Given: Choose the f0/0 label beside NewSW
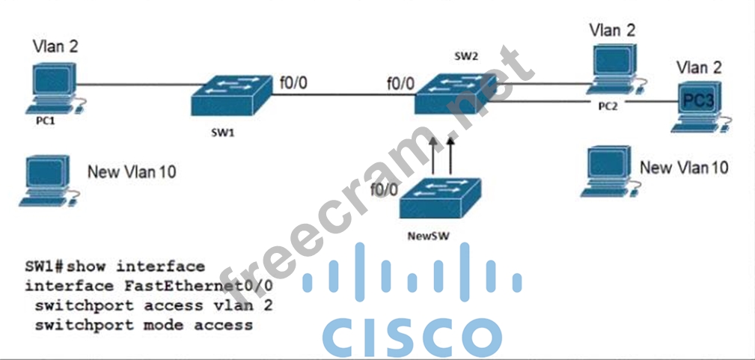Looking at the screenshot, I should pos(385,190).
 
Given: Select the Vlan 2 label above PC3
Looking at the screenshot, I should pos(699,68).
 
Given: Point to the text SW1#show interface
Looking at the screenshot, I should pos(114,266).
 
